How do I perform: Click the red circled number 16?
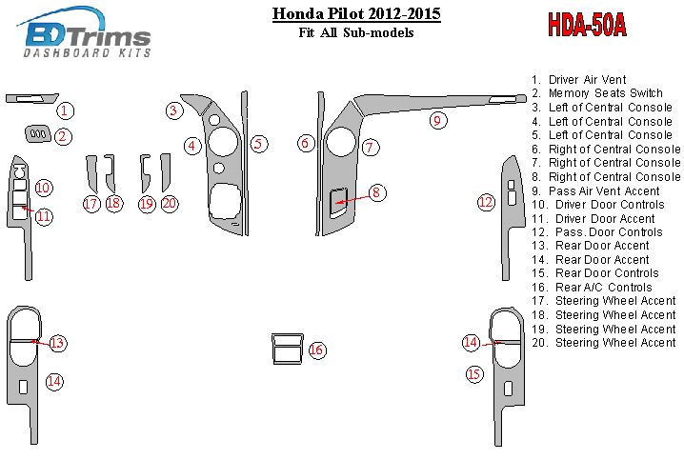tap(316, 350)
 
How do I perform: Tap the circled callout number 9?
tap(436, 120)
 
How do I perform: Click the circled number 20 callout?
tap(170, 203)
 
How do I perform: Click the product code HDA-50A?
tap(586, 25)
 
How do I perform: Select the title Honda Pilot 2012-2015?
tap(356, 14)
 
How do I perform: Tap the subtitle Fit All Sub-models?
tap(356, 33)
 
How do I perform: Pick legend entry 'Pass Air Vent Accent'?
tap(604, 190)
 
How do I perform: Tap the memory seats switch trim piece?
tap(38, 134)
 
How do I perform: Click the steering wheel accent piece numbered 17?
tap(91, 173)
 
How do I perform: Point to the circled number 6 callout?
tap(306, 143)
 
